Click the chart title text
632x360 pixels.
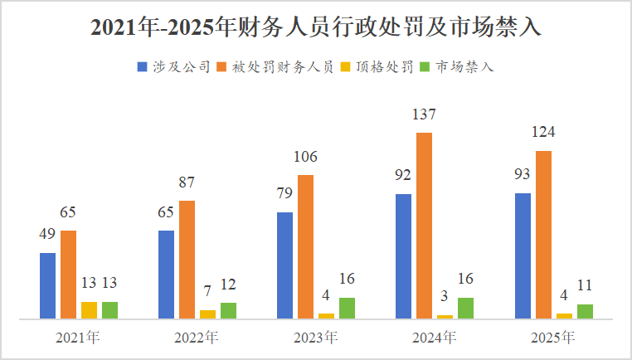(315, 27)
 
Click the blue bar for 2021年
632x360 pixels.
(48, 285)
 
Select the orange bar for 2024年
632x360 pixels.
(424, 225)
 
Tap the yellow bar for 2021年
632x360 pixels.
(89, 309)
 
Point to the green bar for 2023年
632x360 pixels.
(347, 308)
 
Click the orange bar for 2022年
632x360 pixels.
(187, 259)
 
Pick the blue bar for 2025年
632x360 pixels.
(523, 255)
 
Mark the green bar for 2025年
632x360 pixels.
(585, 311)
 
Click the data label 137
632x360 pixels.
(424, 114)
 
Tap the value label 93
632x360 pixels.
(523, 175)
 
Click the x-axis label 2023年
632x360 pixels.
(315, 338)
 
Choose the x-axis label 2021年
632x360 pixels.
(78, 338)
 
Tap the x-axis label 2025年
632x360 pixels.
(553, 338)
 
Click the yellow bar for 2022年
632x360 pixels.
(207, 314)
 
